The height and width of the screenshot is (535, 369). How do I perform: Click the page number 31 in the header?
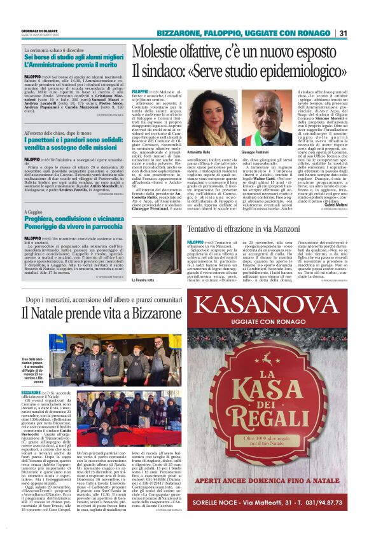(342, 33)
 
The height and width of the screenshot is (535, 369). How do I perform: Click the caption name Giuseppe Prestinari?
(257, 153)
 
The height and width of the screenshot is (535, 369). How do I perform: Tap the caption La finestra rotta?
(144, 280)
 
